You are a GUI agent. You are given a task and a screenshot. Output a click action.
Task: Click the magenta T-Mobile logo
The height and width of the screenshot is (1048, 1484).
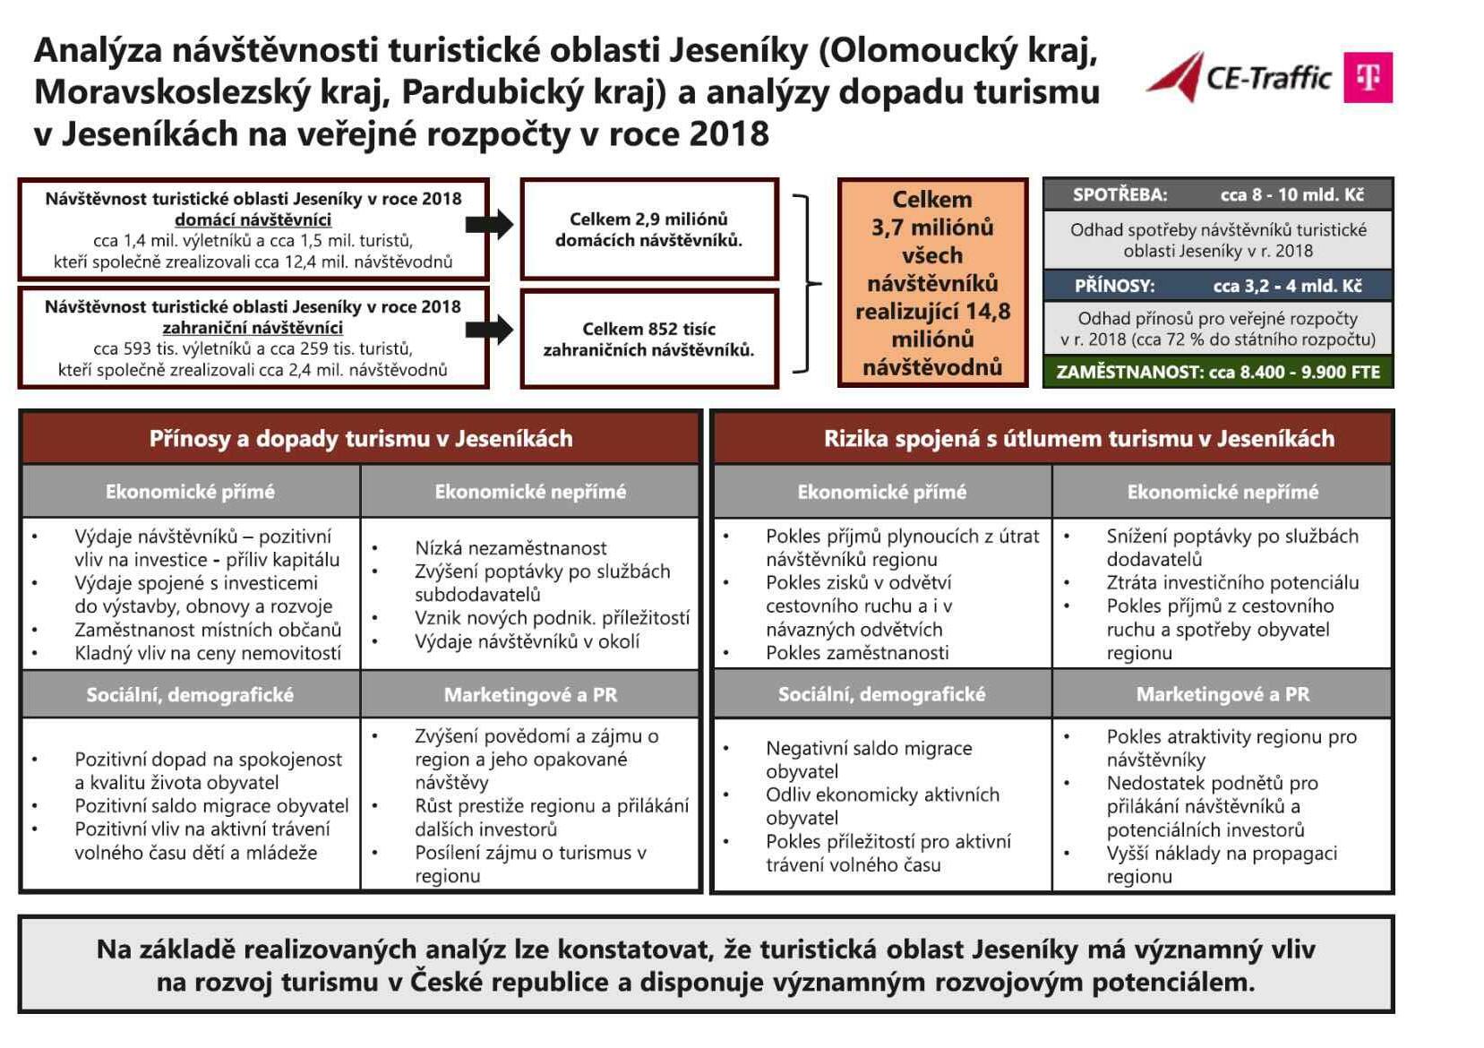tap(1367, 77)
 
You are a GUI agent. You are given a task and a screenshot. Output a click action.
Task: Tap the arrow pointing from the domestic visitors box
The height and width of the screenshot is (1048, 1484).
tap(490, 224)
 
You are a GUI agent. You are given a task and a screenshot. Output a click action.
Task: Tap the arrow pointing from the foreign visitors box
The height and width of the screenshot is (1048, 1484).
tap(490, 330)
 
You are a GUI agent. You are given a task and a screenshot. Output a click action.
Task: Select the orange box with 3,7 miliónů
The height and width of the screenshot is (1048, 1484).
tap(932, 282)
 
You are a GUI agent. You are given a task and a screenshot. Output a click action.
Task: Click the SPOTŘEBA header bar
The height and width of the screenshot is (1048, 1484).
tap(1217, 194)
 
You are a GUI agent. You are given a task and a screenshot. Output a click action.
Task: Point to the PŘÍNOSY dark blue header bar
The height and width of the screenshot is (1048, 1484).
tap(1217, 286)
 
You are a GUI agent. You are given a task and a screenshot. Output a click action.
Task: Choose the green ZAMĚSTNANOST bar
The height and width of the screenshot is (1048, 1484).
tap(1217, 372)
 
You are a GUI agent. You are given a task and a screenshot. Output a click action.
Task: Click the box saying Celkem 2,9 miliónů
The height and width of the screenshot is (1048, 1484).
tap(648, 229)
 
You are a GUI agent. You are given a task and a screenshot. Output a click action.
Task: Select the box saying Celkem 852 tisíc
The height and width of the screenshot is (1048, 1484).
tap(648, 339)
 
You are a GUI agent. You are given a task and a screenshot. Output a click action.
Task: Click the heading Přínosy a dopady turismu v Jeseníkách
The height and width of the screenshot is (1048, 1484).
tap(360, 438)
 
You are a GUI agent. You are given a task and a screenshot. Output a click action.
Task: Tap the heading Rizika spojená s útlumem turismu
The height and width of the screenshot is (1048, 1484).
tap(1078, 438)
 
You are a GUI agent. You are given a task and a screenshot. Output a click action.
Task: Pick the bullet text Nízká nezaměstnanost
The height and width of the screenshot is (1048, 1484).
tap(510, 548)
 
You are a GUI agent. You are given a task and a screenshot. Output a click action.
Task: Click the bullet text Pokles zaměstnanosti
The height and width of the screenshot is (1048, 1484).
tap(857, 653)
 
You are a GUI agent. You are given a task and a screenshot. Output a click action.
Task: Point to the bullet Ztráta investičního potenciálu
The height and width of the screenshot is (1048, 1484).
tap(1232, 583)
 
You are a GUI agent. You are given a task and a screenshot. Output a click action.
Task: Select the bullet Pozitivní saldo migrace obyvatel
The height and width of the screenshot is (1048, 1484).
tap(211, 806)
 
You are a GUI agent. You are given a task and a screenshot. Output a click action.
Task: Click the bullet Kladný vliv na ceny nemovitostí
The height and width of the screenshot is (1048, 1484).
tap(208, 653)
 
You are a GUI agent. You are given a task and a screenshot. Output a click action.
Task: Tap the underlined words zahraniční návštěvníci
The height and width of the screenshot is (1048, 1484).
tap(253, 328)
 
